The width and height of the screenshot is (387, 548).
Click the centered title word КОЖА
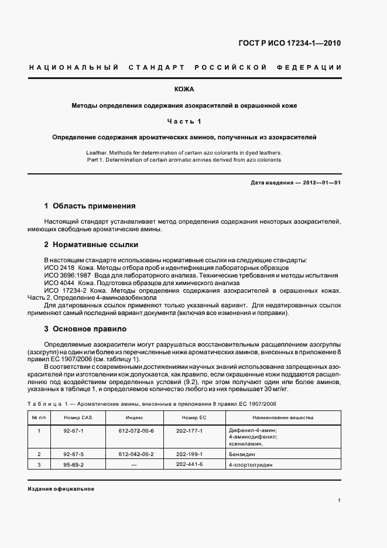pos(184,90)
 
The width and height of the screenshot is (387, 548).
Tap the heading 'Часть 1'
pos(184,121)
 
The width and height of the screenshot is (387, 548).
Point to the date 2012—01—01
pos(321,183)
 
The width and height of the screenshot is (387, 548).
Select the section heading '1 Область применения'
pos(90,206)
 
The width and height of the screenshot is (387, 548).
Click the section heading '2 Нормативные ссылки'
pos(88,244)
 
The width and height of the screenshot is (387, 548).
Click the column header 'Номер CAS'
pos(79,417)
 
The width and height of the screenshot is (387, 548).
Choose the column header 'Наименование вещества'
pos(283,417)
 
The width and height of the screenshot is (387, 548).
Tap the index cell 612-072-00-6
pos(135,430)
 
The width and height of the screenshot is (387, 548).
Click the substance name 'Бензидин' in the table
pos(242,454)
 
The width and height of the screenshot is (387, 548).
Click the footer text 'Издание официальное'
pos(61,488)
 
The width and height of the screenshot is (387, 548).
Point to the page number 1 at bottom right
pos(340,501)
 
